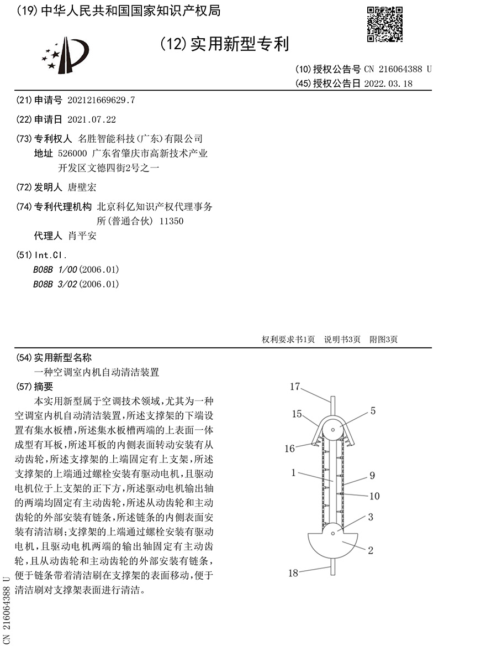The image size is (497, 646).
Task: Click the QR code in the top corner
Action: pyautogui.click(x=385, y=24)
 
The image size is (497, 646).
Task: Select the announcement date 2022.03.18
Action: pyautogui.click(x=388, y=84)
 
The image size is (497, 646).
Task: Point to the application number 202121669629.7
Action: pyautogui.click(x=101, y=100)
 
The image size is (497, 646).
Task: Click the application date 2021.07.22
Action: pyautogui.click(x=92, y=119)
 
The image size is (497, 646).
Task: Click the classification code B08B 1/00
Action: pyautogui.click(x=56, y=269)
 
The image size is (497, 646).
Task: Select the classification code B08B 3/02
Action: pyautogui.click(x=56, y=284)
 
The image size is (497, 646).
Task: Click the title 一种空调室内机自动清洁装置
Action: pyautogui.click(x=97, y=372)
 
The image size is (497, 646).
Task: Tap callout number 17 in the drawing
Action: pyautogui.click(x=295, y=387)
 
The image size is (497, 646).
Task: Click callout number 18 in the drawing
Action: pyautogui.click(x=293, y=573)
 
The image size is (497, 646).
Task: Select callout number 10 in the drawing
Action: pyautogui.click(x=374, y=496)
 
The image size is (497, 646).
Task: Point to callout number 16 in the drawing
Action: pyautogui.click(x=290, y=449)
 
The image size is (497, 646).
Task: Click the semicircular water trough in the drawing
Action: pyautogui.click(x=332, y=544)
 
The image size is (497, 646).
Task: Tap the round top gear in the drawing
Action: pyautogui.click(x=332, y=428)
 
